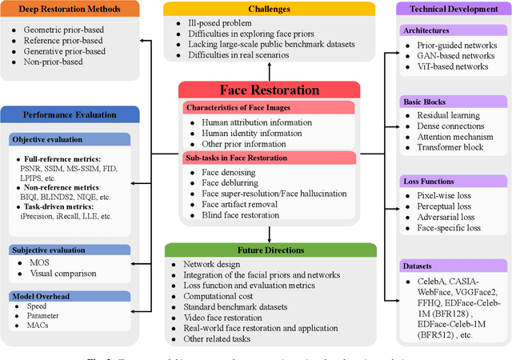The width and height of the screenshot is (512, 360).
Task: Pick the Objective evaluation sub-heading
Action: click(50, 139)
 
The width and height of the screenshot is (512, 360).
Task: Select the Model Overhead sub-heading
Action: click(45, 296)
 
